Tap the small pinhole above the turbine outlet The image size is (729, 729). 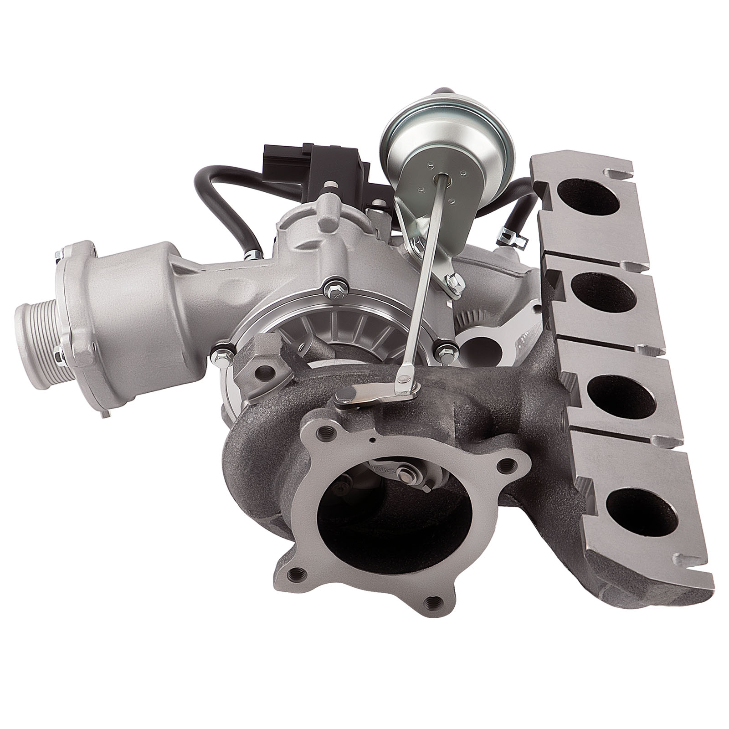pos(373,440)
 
